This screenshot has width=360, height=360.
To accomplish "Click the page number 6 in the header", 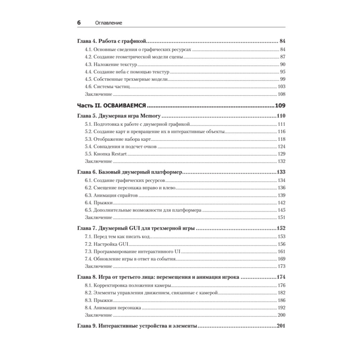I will (x=79, y=22).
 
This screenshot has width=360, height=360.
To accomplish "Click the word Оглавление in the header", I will (x=108, y=23).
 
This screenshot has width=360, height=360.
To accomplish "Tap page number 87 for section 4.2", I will (x=282, y=57).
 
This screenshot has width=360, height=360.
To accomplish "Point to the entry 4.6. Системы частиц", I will (x=109, y=87).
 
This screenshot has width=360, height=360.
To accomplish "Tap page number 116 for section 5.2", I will (x=281, y=131).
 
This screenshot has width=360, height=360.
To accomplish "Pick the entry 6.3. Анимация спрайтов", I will (x=112, y=195).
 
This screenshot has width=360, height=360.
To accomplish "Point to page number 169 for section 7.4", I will (x=281, y=259).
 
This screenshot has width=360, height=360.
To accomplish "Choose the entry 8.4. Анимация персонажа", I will (x=113, y=308).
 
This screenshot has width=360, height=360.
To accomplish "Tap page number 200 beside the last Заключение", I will (x=281, y=315).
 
